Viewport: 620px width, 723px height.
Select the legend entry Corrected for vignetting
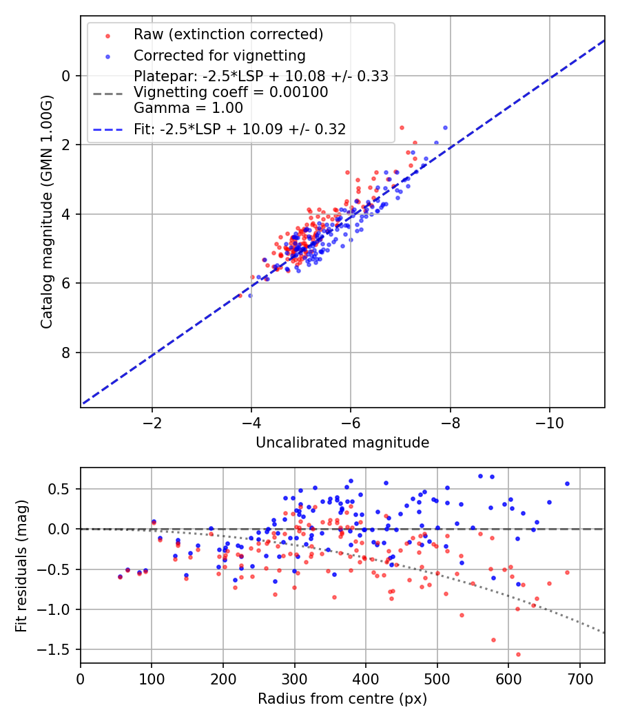point(219,55)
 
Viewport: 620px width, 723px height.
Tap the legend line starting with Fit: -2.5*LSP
point(239,129)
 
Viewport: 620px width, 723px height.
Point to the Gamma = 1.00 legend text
point(188,107)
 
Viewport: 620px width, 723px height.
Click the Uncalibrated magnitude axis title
point(342,443)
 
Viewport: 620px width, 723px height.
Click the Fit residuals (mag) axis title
point(22,565)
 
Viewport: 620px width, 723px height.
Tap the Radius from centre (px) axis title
point(342,699)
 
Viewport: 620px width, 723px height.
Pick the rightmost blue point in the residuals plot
point(567,484)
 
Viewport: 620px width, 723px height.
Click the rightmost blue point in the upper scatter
point(445,127)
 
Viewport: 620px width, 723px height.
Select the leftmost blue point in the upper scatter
point(250,295)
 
